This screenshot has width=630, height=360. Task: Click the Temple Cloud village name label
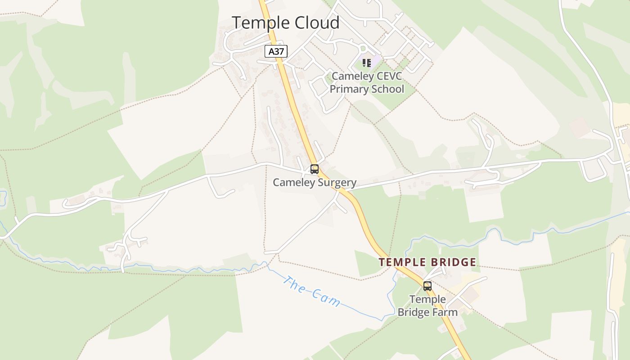click(x=285, y=22)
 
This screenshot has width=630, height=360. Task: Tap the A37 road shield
click(x=276, y=51)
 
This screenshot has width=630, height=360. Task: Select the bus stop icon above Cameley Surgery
click(x=315, y=169)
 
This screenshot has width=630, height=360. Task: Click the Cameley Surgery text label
click(x=315, y=182)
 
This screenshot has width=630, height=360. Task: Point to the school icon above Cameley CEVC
click(x=367, y=63)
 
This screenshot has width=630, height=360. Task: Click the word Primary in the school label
click(x=349, y=89)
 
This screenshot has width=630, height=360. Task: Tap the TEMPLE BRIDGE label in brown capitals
click(x=427, y=262)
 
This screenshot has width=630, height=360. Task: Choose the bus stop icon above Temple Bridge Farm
click(x=427, y=286)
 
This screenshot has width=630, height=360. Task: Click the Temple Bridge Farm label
click(x=427, y=306)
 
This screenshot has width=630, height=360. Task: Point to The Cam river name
click(x=311, y=291)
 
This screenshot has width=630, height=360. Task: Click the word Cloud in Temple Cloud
click(x=316, y=22)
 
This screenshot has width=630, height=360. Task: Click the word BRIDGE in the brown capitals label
click(x=451, y=262)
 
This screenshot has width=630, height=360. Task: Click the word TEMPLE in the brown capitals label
click(x=400, y=262)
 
